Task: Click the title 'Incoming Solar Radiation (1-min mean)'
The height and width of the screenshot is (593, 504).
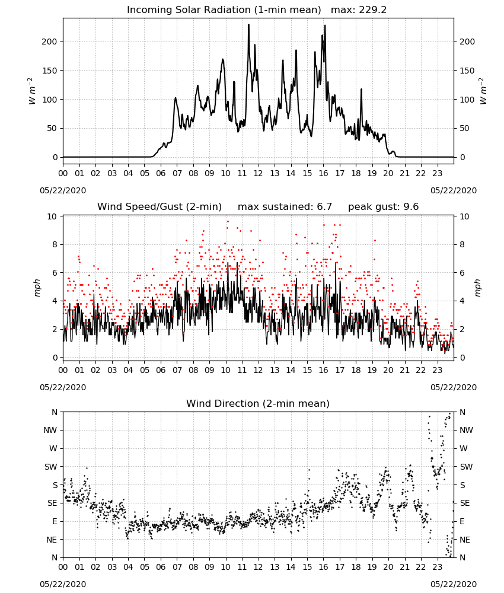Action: pyautogui.click(x=224, y=10)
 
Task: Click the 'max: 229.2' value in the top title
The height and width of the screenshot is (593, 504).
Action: pyautogui.click(x=359, y=10)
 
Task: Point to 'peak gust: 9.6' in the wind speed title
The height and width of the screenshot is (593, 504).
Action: pyautogui.click(x=384, y=207)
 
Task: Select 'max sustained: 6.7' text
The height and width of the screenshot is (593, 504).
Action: pyautogui.click(x=285, y=207)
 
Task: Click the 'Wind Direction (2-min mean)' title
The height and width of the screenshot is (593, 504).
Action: pyautogui.click(x=258, y=403)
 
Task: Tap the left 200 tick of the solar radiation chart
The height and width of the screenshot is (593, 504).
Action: pyautogui.click(x=49, y=42)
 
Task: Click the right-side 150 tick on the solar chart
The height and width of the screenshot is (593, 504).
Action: pyautogui.click(x=467, y=71)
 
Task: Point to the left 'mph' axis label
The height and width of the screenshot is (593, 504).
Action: pyautogui.click(x=37, y=288)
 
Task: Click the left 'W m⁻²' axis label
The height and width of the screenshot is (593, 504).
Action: pyautogui.click(x=32, y=91)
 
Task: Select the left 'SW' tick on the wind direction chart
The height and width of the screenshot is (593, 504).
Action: pyautogui.click(x=51, y=467)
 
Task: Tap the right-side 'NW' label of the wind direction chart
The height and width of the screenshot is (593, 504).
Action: pyautogui.click(x=466, y=430)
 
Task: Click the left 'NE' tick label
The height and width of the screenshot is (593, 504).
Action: pyautogui.click(x=52, y=540)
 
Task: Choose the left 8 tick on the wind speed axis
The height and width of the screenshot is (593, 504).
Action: pyautogui.click(x=55, y=245)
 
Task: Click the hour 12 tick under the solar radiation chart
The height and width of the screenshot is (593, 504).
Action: pyautogui.click(x=259, y=173)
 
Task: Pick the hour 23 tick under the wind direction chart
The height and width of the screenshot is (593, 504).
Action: pyautogui.click(x=438, y=567)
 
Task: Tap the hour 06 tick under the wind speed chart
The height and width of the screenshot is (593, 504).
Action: pyautogui.click(x=161, y=370)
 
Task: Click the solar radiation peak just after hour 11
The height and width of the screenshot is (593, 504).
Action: pyautogui.click(x=249, y=24)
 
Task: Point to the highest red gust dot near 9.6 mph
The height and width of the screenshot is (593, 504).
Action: pyautogui.click(x=228, y=222)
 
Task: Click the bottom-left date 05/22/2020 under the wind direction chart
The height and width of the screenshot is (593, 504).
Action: pyautogui.click(x=63, y=584)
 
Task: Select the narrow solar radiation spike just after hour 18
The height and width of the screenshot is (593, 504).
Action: pyautogui.click(x=361, y=90)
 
